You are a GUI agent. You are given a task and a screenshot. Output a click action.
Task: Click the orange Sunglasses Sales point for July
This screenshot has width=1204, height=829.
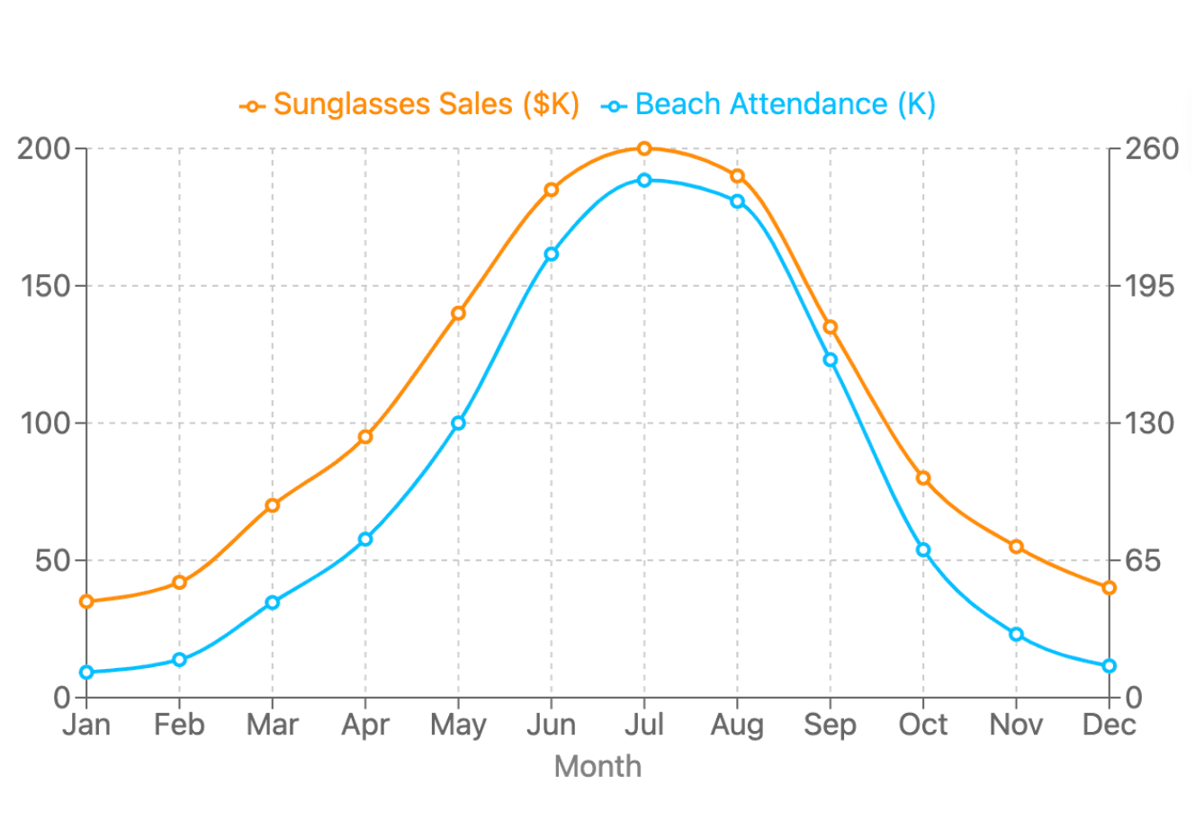tap(644, 148)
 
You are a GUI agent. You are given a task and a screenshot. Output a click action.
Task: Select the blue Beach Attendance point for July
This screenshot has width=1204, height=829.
tap(644, 180)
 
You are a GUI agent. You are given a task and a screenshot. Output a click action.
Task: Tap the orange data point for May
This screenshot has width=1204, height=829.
tap(458, 313)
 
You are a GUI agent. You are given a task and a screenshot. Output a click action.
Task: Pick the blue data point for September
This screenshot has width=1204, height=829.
tap(831, 360)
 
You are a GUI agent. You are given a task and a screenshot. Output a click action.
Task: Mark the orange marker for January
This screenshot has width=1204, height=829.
tap(86, 602)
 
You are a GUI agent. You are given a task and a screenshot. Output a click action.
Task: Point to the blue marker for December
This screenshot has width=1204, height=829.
tap(1110, 666)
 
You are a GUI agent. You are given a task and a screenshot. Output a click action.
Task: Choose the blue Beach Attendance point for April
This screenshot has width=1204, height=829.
tap(365, 539)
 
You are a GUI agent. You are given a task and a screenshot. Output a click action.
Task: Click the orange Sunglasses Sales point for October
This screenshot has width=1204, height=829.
tap(923, 478)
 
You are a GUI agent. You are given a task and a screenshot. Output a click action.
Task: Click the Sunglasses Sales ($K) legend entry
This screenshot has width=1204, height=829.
tap(410, 105)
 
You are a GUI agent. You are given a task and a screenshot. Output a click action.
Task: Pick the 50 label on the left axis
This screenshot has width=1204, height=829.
tap(53, 560)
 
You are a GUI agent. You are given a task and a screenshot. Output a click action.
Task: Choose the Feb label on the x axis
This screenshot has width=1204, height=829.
tap(179, 725)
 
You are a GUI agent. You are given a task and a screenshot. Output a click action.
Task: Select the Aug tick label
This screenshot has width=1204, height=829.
tap(737, 725)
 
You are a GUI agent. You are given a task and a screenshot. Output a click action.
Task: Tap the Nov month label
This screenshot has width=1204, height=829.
tap(1016, 725)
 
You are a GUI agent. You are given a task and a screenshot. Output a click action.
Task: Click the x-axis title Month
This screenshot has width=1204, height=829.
tap(598, 767)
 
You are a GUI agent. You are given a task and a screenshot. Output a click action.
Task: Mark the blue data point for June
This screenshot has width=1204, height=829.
tap(552, 254)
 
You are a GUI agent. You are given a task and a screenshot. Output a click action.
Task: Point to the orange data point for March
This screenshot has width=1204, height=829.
tap(273, 505)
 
